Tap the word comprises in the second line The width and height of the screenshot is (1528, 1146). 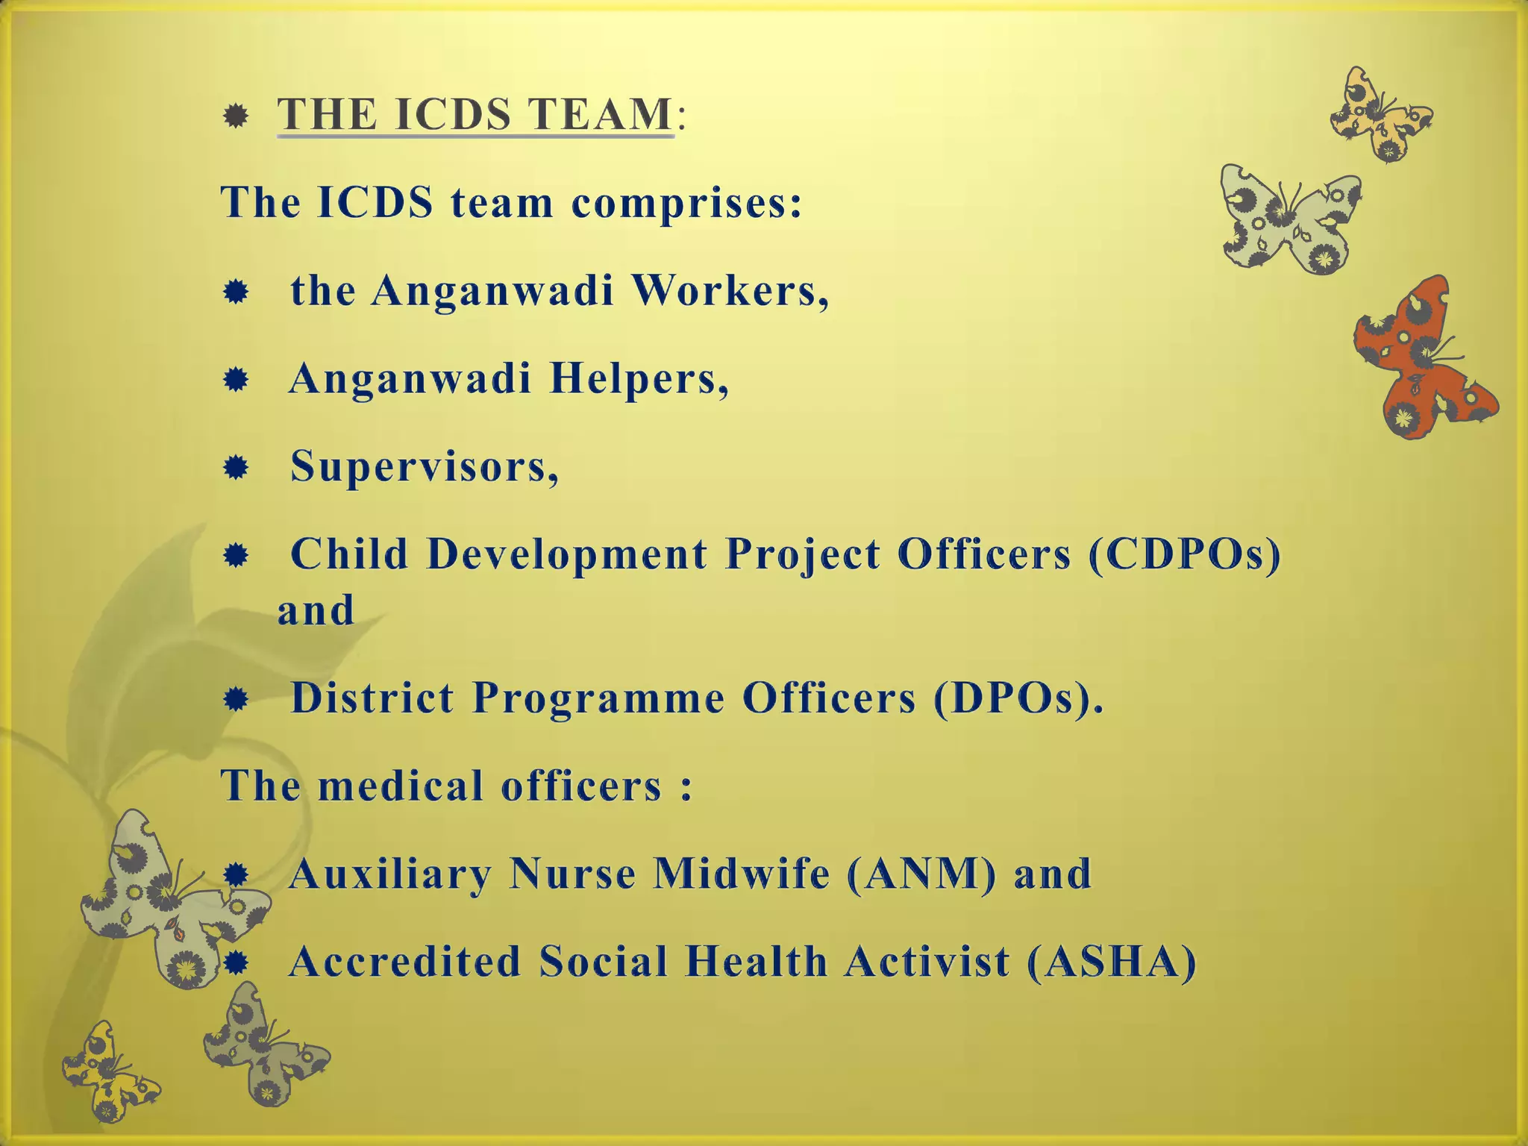point(686,203)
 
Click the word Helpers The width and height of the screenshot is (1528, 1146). point(638,378)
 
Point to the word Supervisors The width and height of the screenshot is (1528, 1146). point(424,467)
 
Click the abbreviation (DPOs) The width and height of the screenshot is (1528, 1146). point(1016,699)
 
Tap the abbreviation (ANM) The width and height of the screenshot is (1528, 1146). point(921,874)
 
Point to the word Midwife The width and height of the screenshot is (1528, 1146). point(741,874)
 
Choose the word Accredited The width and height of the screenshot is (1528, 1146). point(405,962)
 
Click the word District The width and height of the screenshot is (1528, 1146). point(372,699)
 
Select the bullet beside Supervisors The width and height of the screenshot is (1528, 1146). point(236,469)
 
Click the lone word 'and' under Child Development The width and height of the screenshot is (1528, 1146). point(316,611)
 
